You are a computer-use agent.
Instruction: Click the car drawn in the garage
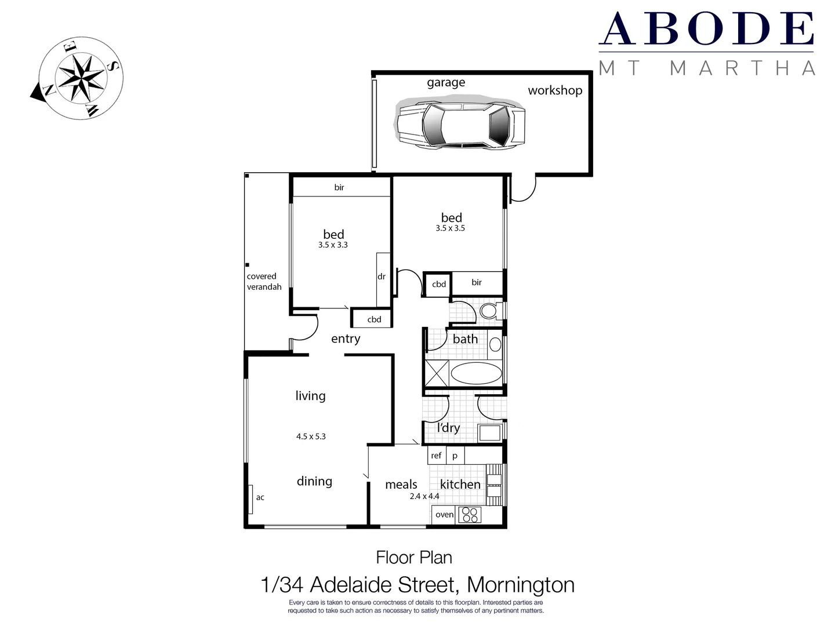[x=461, y=124]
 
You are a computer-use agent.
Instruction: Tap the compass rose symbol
[x=78, y=78]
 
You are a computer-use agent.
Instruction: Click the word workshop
[x=555, y=90]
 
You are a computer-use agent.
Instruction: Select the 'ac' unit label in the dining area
[x=260, y=497]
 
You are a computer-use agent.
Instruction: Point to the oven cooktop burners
[x=470, y=514]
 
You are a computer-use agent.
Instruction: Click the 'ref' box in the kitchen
[x=436, y=456]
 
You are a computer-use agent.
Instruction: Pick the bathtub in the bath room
[x=476, y=373]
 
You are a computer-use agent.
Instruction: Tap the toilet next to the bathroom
[x=489, y=311]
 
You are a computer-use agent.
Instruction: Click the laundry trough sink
[x=489, y=432]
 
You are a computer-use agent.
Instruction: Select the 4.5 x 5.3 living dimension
[x=311, y=436]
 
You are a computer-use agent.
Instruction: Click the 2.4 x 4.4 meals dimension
[x=424, y=496]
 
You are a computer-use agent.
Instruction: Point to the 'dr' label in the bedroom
[x=382, y=276]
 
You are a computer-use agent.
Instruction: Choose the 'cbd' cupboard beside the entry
[x=374, y=319]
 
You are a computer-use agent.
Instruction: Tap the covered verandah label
[x=264, y=282]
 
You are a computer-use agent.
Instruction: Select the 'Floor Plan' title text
[x=414, y=558]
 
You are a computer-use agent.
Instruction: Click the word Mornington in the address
[x=521, y=585]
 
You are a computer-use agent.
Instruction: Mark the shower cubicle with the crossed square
[x=437, y=373]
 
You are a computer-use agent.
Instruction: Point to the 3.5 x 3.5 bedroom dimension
[x=450, y=228]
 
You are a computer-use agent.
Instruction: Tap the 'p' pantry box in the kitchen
[x=455, y=456]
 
